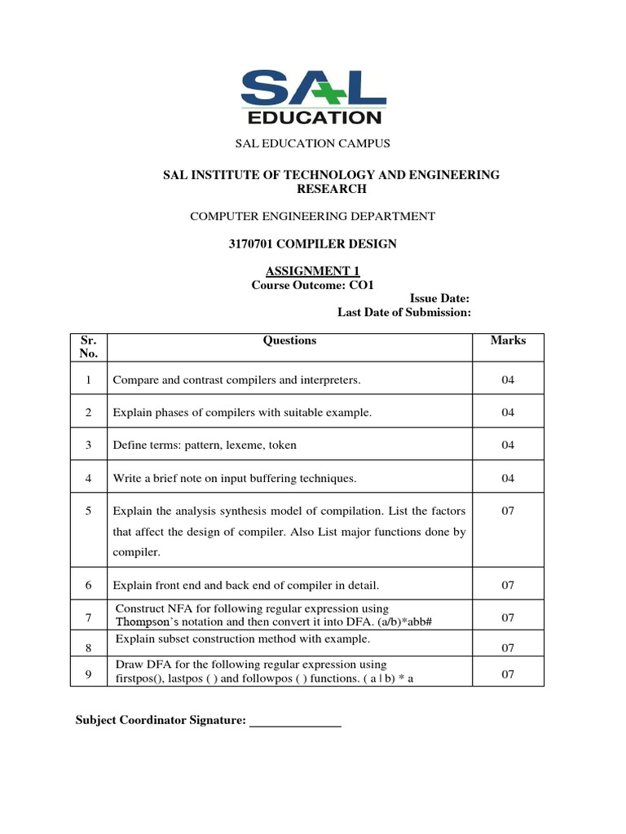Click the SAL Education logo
tap(313, 96)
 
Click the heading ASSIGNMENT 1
tap(313, 271)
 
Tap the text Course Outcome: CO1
tap(313, 285)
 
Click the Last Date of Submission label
tap(404, 313)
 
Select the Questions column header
tap(289, 340)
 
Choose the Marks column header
tap(508, 340)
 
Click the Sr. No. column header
tap(88, 347)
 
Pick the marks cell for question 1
tap(508, 380)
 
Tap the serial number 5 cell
tap(88, 511)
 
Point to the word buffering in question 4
tap(276, 478)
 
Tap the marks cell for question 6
tap(508, 585)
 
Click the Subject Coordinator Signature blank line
tap(294, 720)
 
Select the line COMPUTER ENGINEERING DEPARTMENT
tap(313, 216)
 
